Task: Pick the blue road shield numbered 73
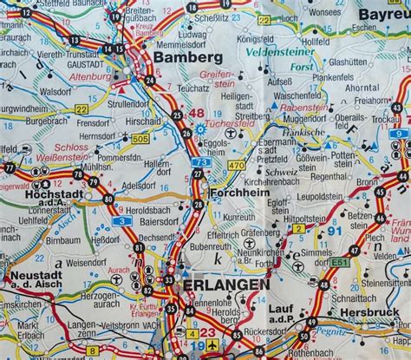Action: pos(200,161)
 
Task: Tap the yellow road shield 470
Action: pos(236,164)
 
